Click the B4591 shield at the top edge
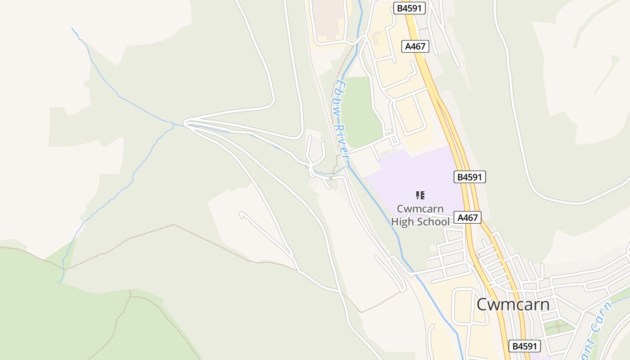tap(409, 8)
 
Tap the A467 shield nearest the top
tap(415, 46)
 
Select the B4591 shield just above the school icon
tap(470, 177)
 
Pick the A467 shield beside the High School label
tap(468, 218)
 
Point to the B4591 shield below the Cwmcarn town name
tap(524, 346)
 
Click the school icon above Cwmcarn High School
tap(420, 195)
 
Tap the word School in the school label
tap(432, 221)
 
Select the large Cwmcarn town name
tap(513, 305)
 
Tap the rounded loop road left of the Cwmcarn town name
tap(463, 306)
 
